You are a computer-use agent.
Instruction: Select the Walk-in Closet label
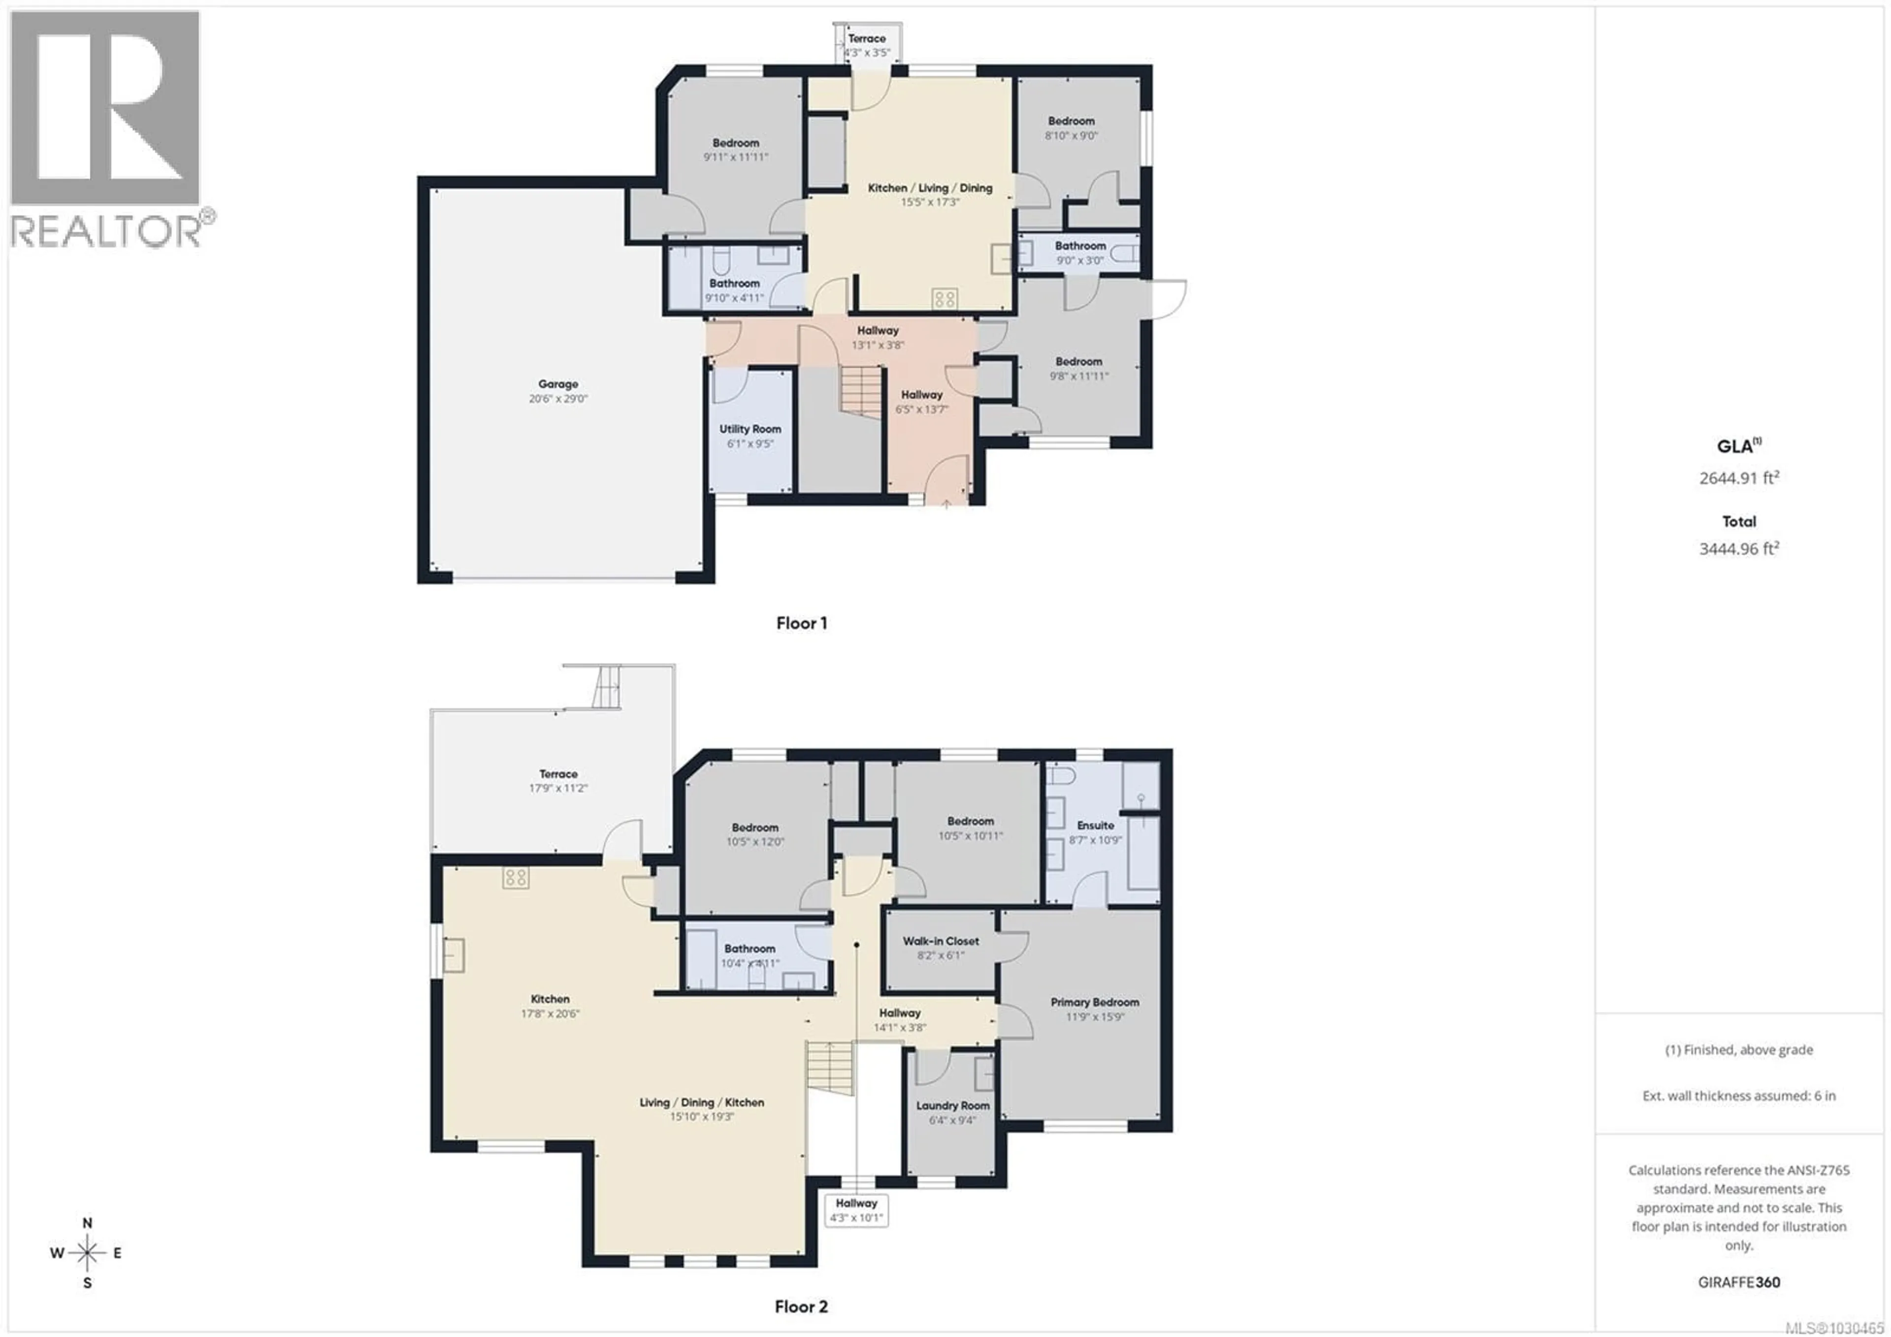(x=941, y=941)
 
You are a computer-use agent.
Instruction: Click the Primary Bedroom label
(x=1095, y=1003)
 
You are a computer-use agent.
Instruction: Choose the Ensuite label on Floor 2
(x=1095, y=826)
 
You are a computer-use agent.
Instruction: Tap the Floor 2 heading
(x=801, y=1306)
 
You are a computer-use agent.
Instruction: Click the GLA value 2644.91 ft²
(x=1739, y=478)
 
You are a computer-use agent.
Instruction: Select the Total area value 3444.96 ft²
(x=1739, y=549)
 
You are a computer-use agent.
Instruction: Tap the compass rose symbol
(x=87, y=1253)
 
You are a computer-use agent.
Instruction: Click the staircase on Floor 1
(x=861, y=391)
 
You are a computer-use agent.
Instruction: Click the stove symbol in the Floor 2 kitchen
(x=516, y=879)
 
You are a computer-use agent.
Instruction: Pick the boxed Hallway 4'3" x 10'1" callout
(x=856, y=1210)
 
